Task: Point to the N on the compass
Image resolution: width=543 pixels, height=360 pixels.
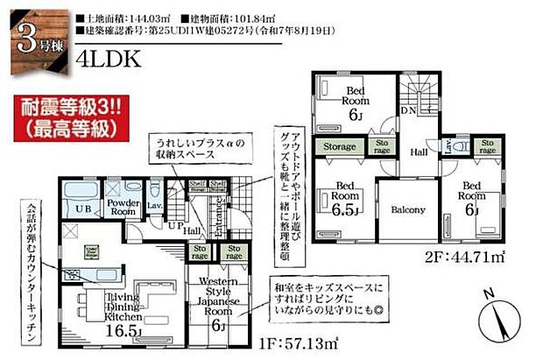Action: click(490, 292)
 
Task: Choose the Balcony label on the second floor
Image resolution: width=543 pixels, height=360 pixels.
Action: click(408, 209)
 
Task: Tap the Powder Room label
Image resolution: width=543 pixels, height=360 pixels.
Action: click(123, 206)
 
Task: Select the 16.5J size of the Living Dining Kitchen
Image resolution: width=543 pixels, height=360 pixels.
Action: click(123, 332)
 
